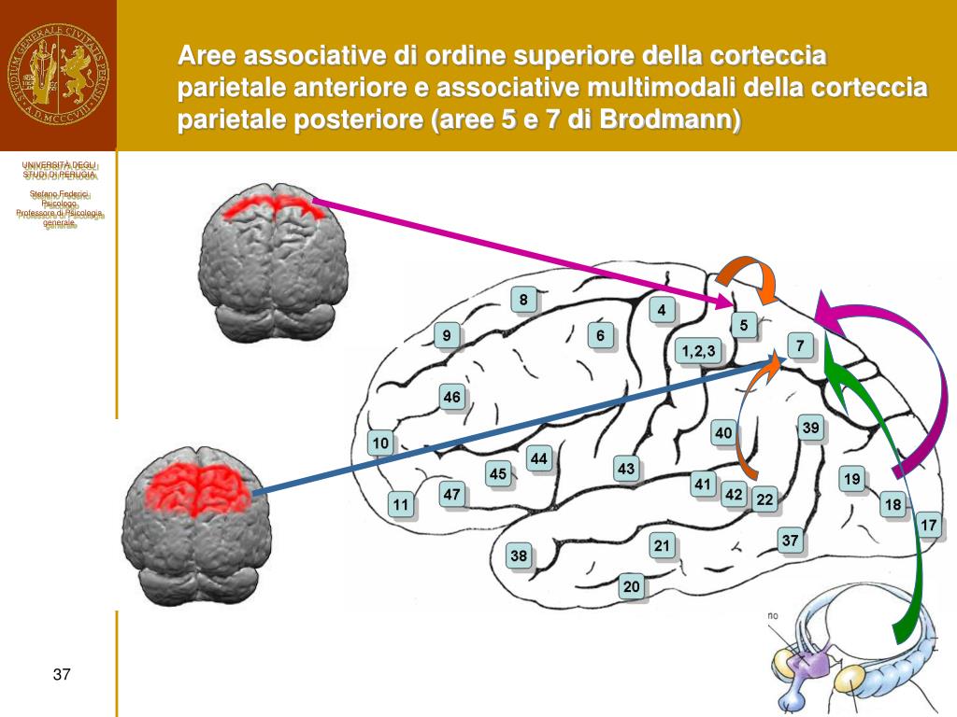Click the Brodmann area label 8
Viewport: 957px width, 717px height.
[x=523, y=300]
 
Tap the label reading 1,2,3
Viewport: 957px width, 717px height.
[x=698, y=351]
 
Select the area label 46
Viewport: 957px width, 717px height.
[x=452, y=398]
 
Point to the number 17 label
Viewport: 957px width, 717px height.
[x=928, y=526]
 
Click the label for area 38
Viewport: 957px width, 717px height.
[x=519, y=556]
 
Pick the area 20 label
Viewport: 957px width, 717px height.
[x=633, y=586]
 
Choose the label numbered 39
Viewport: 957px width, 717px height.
[x=811, y=429]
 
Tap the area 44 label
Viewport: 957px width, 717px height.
[x=539, y=458]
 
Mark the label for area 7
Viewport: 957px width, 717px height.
[x=800, y=346]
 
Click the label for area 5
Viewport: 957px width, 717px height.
[x=744, y=325]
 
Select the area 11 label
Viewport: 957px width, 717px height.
[x=401, y=505]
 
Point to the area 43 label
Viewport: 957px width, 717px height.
[x=626, y=469]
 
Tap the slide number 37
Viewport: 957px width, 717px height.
[x=62, y=675]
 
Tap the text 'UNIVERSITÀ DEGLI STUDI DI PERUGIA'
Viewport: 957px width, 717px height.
[x=59, y=170]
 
